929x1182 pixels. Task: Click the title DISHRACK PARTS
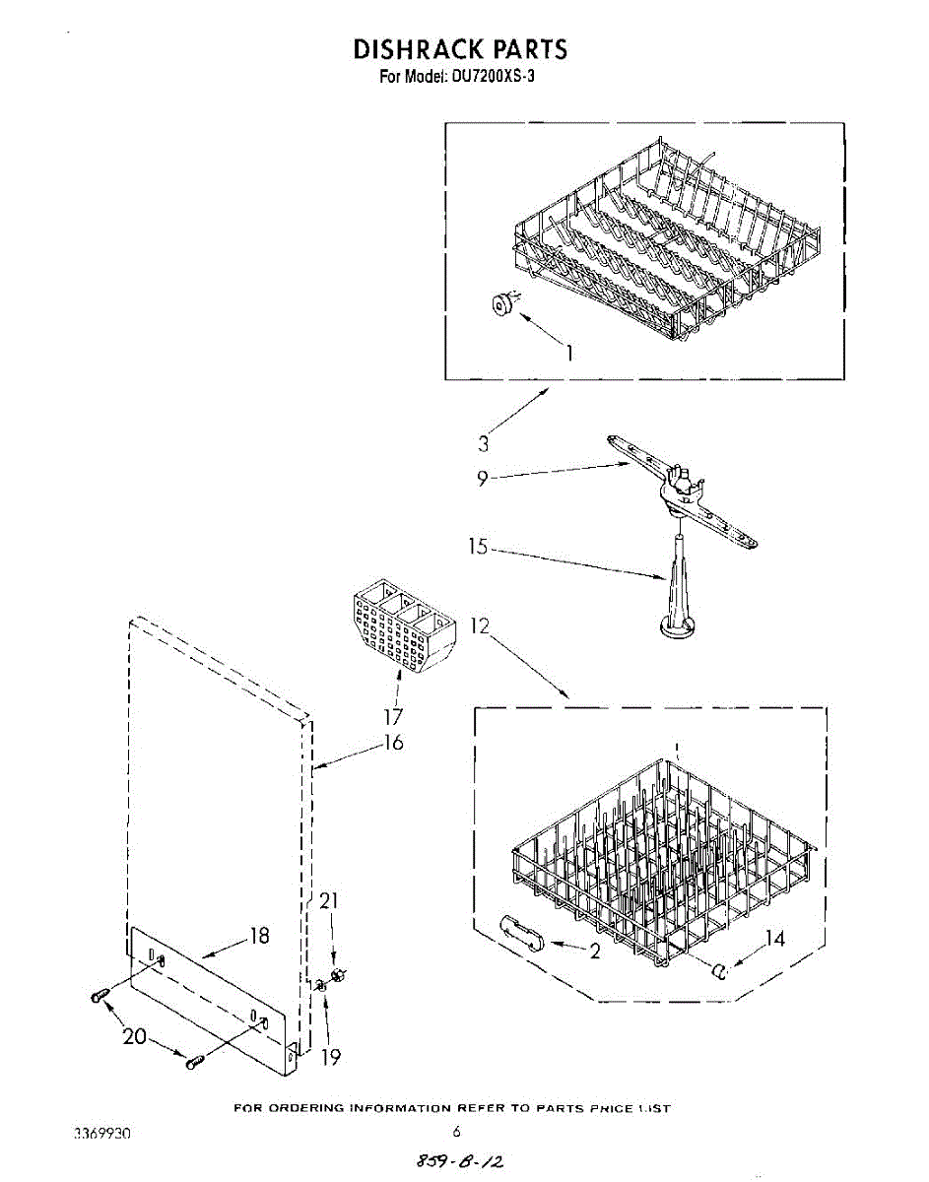pos(460,49)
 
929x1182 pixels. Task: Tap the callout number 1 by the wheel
pos(567,352)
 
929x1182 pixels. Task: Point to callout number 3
pos(484,444)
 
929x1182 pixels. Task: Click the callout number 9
pos(482,480)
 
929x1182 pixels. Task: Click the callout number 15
pos(479,547)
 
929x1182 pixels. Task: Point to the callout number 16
pos(393,743)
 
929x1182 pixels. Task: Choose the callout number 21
pos(330,900)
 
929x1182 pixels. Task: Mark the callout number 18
pos(259,936)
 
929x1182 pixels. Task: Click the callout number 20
pos(135,1037)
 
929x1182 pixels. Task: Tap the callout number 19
pos(331,1057)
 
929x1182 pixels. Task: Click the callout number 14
pos(775,939)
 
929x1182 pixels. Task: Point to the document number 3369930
pos(102,1134)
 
